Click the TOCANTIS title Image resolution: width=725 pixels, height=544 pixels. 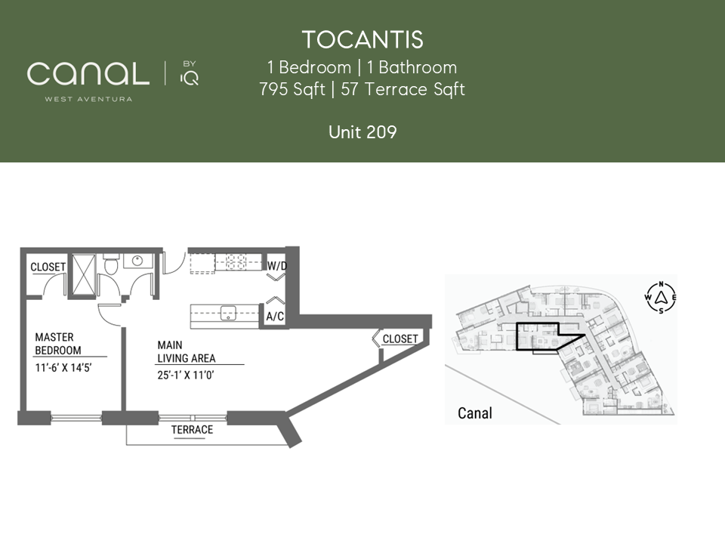(x=362, y=40)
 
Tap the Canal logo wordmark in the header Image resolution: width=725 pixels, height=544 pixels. (x=88, y=74)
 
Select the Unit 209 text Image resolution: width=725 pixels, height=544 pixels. (x=362, y=132)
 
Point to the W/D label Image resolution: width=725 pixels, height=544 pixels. (x=277, y=266)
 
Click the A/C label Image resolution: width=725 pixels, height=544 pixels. (x=275, y=317)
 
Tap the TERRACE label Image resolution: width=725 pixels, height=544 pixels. (x=192, y=430)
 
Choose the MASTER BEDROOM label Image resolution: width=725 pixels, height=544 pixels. (x=58, y=344)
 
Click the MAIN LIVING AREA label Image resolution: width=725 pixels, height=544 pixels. (x=187, y=351)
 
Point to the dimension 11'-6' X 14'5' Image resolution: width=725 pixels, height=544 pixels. (x=63, y=368)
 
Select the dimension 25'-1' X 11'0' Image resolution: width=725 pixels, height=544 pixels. (x=186, y=376)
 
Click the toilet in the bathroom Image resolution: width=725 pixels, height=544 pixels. (x=111, y=264)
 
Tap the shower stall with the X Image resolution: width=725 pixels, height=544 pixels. (x=84, y=275)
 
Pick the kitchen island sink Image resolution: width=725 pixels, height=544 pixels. (x=228, y=313)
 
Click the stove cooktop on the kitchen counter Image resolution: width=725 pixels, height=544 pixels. (x=238, y=262)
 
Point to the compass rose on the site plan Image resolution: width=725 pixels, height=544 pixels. (x=661, y=297)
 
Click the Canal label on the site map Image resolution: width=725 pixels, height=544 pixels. (x=475, y=413)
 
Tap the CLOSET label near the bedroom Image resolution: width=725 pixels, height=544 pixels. (x=48, y=267)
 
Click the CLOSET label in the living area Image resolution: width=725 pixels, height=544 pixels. (x=400, y=339)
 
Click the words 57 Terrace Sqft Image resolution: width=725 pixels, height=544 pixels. (x=403, y=89)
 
